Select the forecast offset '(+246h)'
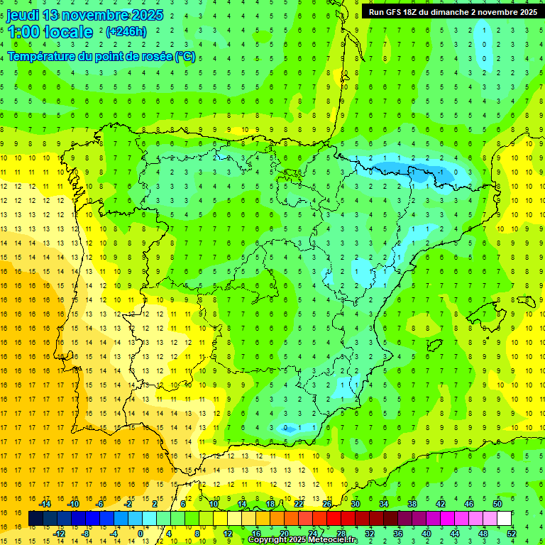(x=126, y=32)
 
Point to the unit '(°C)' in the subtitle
(x=186, y=56)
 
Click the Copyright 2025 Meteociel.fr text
(x=303, y=540)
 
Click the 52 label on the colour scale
(x=512, y=534)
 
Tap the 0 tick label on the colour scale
(x=141, y=534)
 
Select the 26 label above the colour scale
(x=327, y=504)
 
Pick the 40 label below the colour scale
(x=426, y=534)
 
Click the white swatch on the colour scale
(x=505, y=519)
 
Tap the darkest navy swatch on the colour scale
(x=36, y=519)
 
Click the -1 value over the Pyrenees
(x=441, y=172)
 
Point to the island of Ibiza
(x=431, y=345)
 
